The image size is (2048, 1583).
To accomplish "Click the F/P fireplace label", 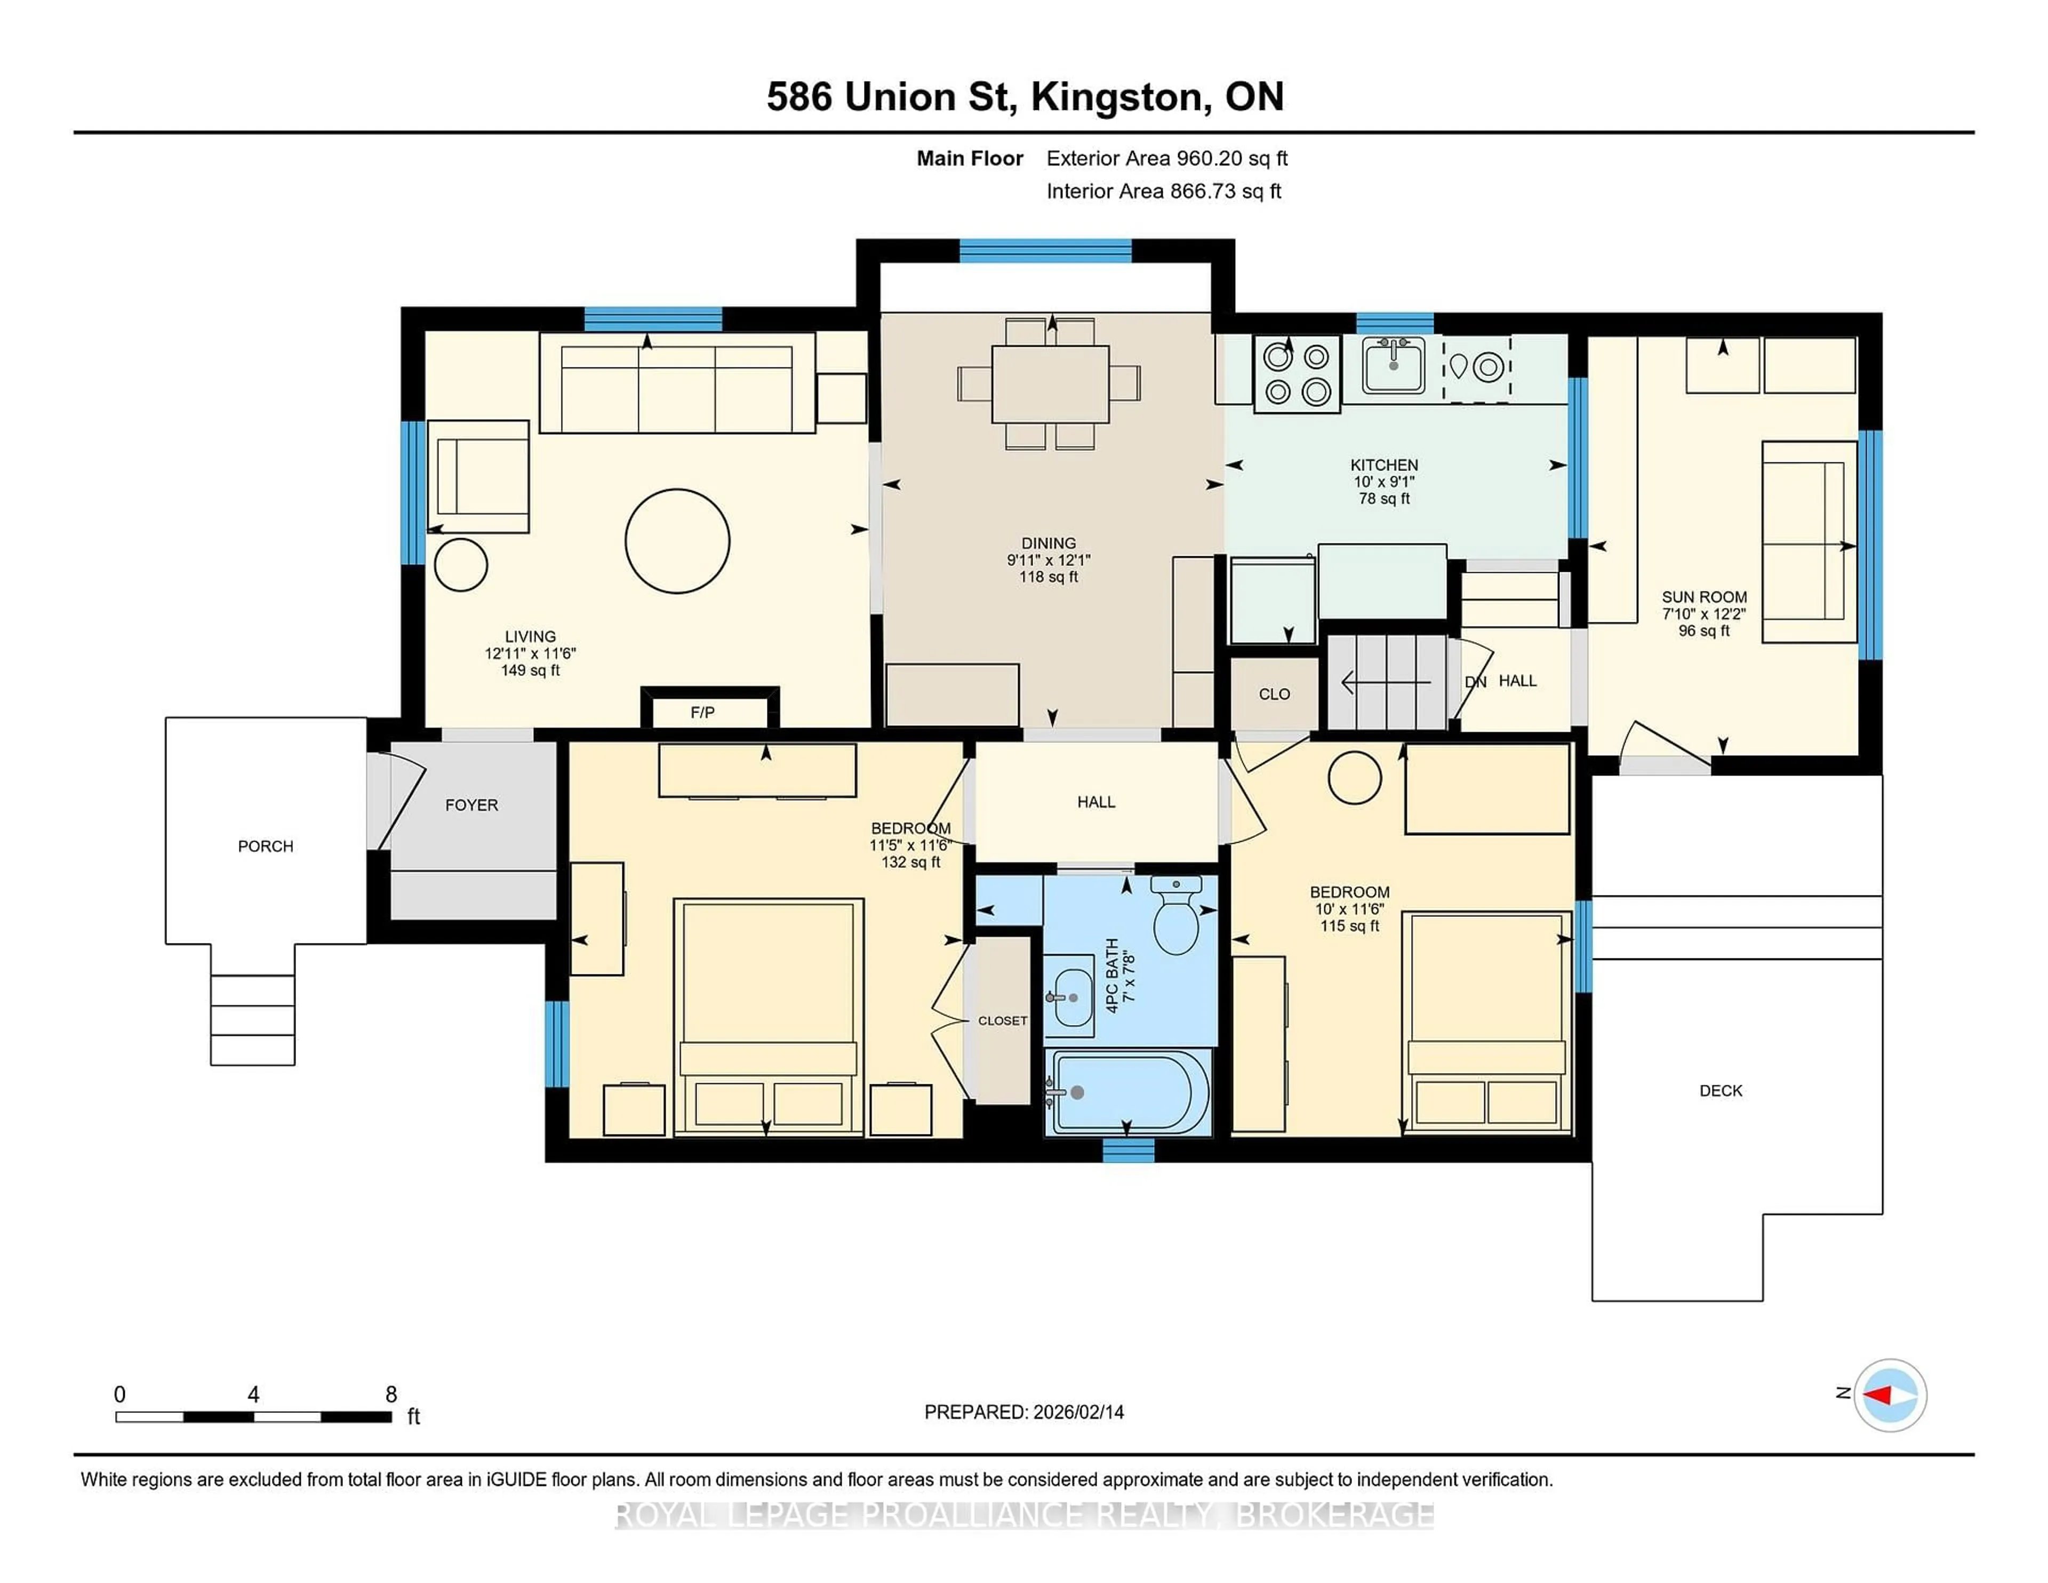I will click(702, 713).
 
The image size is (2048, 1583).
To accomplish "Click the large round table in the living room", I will click(677, 541).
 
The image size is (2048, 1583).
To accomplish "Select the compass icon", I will click(1890, 1395).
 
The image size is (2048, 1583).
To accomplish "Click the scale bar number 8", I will click(391, 1395).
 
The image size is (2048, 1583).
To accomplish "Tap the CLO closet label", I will click(1274, 694).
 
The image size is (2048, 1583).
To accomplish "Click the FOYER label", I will click(471, 805).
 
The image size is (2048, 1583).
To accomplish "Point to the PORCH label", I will click(266, 846).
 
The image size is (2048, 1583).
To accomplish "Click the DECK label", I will click(1721, 1091).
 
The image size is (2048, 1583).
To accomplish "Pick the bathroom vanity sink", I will click(1069, 996).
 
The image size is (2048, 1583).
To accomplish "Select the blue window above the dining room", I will click(1045, 250).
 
